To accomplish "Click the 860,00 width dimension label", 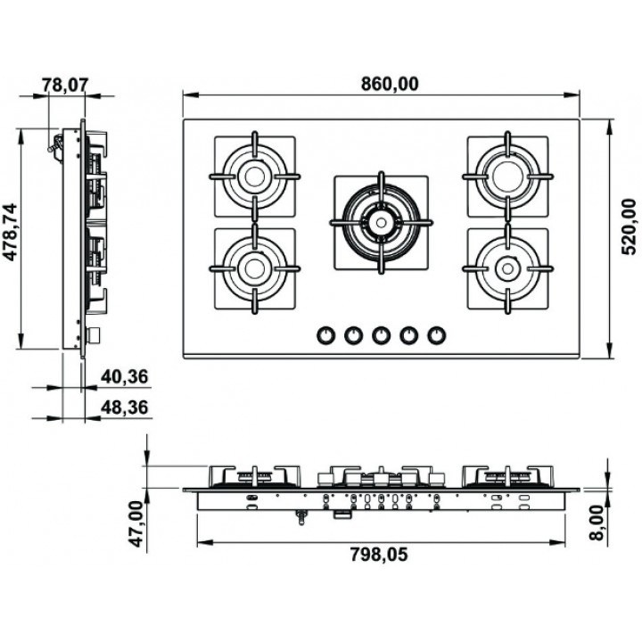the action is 390,84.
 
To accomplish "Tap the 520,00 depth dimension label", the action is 629,226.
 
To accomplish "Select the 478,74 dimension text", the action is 10,232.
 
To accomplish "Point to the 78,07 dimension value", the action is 65,86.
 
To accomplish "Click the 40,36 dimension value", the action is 125,376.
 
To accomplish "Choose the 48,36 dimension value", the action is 125,407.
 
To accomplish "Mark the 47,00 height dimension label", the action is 136,523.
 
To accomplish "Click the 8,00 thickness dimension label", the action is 597,523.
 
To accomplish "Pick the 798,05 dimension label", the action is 379,555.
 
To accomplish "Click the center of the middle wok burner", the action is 382,223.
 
